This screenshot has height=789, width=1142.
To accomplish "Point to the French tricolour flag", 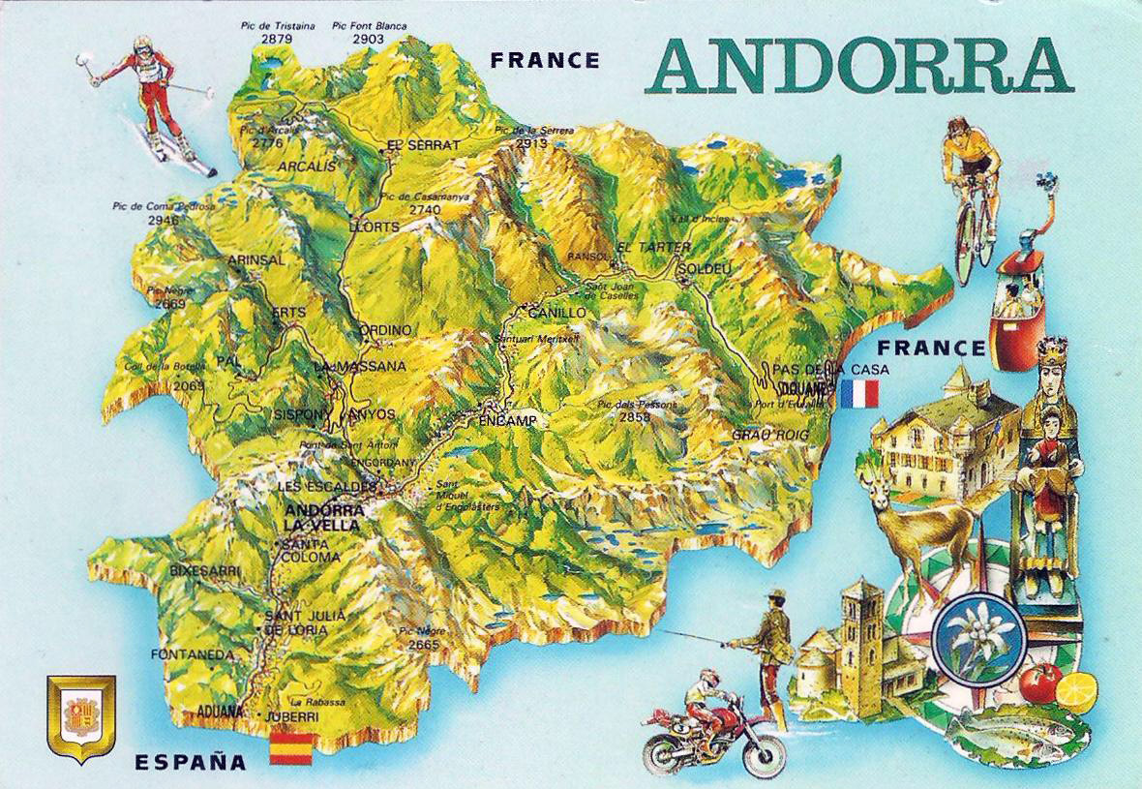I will [859, 393].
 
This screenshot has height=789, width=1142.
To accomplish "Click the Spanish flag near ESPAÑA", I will [290, 747].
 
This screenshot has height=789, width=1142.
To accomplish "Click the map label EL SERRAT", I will [422, 145].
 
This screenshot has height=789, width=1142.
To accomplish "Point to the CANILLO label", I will [556, 313].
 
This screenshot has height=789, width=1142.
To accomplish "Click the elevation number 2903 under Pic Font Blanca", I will [368, 39].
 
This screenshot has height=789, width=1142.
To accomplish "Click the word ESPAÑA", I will [191, 761].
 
